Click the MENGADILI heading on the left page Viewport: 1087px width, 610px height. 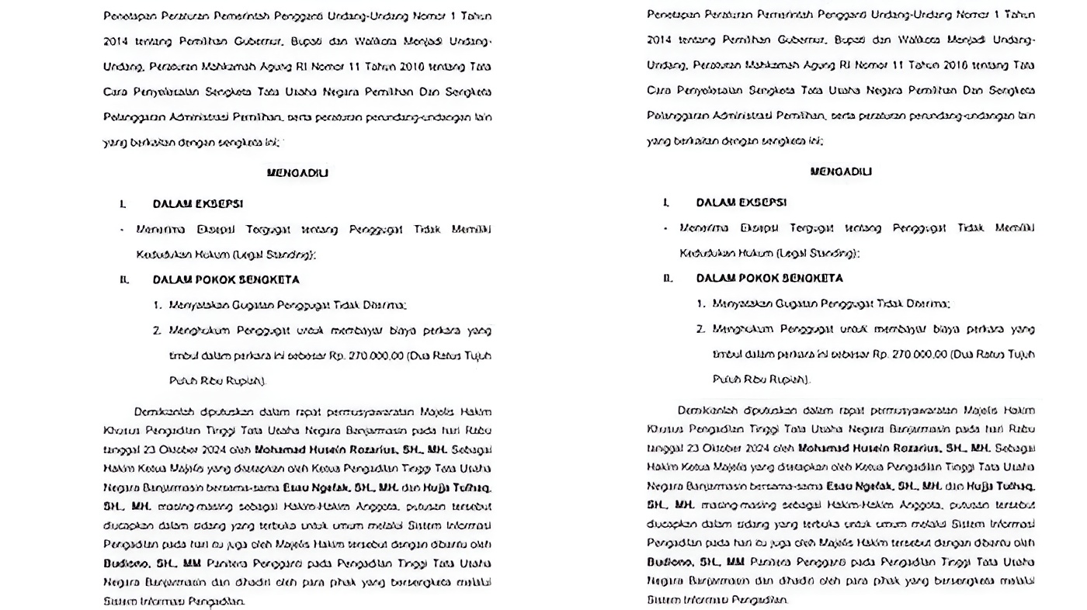point(297,173)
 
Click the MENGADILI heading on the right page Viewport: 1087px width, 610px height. point(841,172)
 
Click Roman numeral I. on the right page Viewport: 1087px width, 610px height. point(666,203)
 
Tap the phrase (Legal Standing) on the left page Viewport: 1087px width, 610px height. point(268,255)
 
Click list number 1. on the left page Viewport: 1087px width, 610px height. point(158,305)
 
